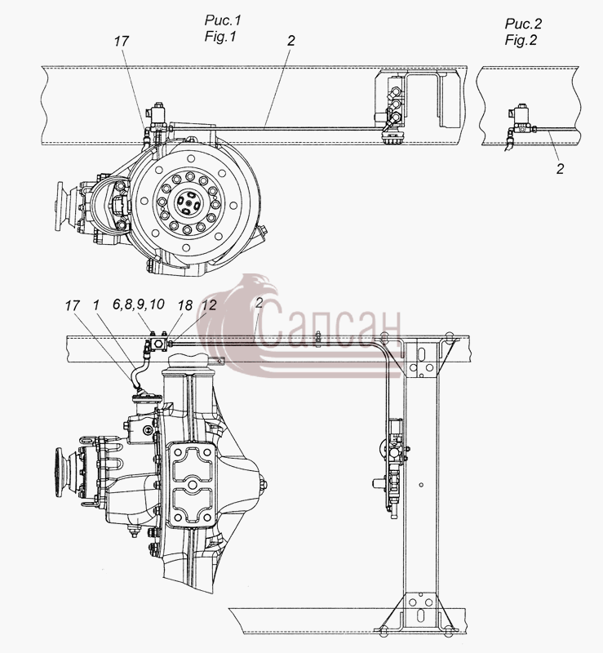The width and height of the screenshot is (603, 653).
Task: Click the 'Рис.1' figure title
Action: (223, 20)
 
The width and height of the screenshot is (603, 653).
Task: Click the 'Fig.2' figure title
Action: (521, 40)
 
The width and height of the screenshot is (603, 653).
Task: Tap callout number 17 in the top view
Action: (122, 41)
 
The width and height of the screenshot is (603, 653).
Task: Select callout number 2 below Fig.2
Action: (560, 169)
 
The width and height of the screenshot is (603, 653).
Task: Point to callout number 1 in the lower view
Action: (96, 304)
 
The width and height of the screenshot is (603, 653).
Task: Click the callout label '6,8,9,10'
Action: (138, 304)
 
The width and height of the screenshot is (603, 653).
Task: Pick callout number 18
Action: (185, 305)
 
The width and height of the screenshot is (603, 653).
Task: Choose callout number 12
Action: (209, 304)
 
